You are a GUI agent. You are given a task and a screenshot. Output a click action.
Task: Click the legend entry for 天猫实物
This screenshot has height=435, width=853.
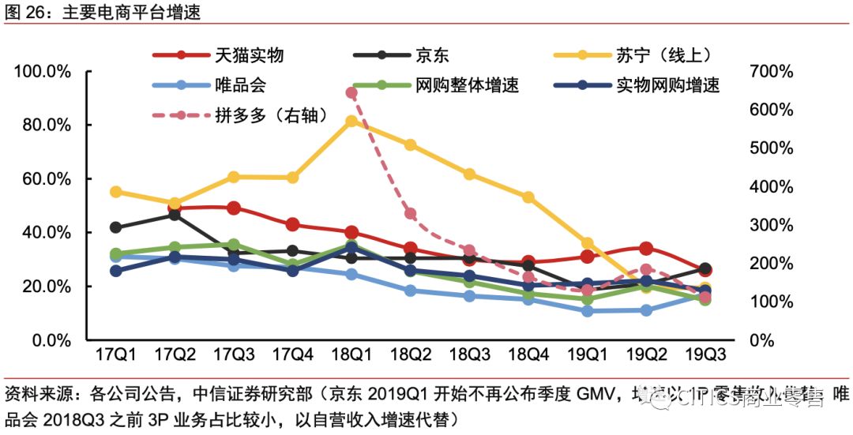click(248, 55)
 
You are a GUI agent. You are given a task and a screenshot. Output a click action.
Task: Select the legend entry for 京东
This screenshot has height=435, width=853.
click(434, 55)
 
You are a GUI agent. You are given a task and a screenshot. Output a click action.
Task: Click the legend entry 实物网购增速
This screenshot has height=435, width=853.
click(667, 85)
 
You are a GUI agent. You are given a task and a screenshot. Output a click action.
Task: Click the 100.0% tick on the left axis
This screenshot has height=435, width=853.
click(44, 72)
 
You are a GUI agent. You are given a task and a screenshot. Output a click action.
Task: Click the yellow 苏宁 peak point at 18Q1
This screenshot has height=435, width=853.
click(351, 122)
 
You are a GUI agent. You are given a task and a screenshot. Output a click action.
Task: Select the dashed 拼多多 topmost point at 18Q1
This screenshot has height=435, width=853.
click(351, 93)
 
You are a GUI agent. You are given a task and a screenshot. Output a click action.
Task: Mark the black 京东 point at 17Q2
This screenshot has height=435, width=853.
click(175, 215)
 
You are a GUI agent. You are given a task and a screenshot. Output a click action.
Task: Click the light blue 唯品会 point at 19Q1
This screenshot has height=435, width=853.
click(588, 311)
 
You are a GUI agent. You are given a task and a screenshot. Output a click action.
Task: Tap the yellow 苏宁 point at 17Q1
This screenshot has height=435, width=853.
click(116, 192)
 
